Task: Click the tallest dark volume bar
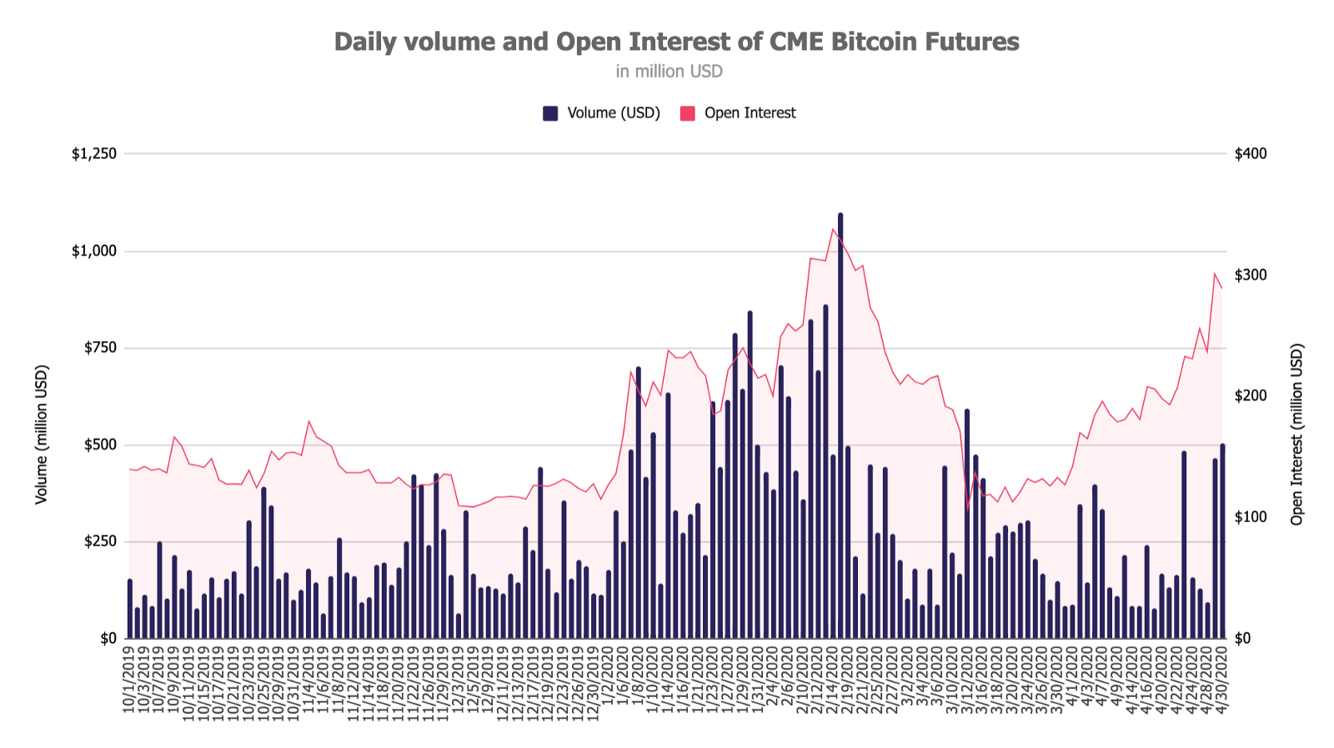(840, 425)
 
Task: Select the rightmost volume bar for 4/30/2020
(1222, 542)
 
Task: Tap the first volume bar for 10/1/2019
(130, 609)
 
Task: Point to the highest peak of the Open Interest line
(833, 228)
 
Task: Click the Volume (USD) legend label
(614, 113)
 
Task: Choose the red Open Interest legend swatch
(688, 113)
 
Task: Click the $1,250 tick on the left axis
(94, 154)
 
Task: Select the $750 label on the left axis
(100, 348)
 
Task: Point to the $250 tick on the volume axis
(100, 541)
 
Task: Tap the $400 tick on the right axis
(1251, 154)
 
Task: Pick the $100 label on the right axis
(1251, 517)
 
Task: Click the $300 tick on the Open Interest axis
(1251, 275)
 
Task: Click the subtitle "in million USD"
(669, 72)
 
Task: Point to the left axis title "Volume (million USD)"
(42, 434)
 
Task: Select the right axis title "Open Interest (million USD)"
(1296, 434)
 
